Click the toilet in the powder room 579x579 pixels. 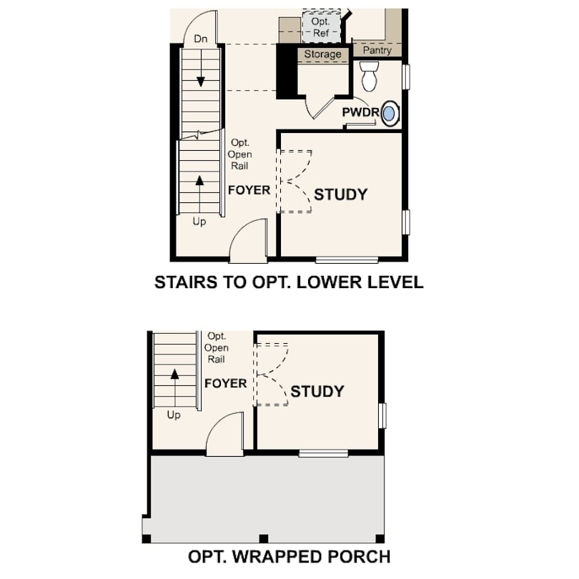click(369, 76)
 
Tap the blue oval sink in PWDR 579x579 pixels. click(390, 114)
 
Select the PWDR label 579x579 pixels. click(360, 112)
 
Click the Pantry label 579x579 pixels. click(377, 51)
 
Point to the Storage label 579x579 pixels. click(322, 54)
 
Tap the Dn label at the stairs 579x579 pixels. click(201, 39)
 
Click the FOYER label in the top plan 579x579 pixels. click(249, 190)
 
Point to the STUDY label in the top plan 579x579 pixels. click(341, 194)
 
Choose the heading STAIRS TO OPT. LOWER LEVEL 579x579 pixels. click(289, 282)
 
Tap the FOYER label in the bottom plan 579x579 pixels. click(226, 383)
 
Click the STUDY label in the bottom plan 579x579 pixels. click(317, 392)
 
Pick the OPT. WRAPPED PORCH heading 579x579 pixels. click(289, 556)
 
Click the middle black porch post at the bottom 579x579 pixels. click(263, 538)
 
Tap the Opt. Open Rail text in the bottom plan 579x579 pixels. click(217, 347)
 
